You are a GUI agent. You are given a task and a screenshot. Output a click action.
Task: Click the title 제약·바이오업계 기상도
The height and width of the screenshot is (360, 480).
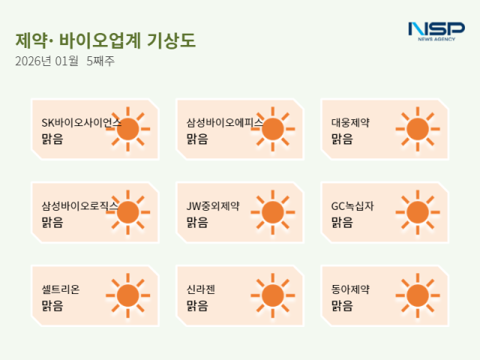[x=105, y=40]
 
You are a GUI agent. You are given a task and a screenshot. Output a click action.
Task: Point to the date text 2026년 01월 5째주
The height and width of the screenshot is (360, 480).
[x=64, y=61]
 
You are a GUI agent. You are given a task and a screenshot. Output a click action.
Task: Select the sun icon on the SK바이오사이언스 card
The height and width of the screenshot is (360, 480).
[x=128, y=129]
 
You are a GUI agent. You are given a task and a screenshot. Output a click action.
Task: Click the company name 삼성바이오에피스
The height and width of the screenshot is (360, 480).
[x=224, y=122]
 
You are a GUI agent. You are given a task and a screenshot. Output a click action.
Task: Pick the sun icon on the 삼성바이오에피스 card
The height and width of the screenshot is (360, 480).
[x=272, y=129]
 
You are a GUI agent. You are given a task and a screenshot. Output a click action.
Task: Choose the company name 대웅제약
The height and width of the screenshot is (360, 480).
[x=350, y=122]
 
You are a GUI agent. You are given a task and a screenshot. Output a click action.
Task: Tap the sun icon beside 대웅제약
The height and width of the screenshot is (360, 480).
[x=417, y=129]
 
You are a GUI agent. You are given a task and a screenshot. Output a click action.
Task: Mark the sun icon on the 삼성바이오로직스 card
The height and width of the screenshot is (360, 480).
[x=128, y=212]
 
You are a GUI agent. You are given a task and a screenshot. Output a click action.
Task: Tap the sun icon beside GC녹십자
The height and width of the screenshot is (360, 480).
[x=417, y=212]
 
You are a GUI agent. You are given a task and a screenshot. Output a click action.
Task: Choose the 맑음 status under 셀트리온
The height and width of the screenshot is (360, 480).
[x=52, y=305]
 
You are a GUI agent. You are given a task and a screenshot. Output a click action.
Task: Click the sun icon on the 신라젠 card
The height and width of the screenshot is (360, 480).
[x=272, y=295]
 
